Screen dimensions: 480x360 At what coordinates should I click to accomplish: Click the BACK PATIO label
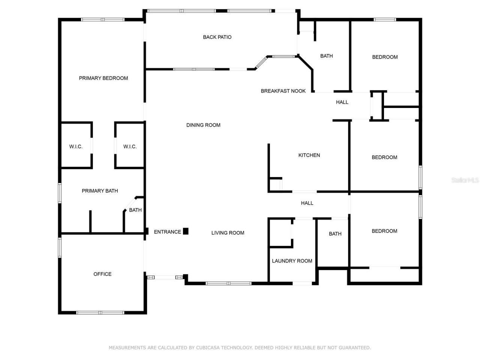(x=217, y=37)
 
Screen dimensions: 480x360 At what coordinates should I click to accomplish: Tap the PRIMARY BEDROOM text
(x=103, y=78)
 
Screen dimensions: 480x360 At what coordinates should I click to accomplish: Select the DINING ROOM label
(x=203, y=125)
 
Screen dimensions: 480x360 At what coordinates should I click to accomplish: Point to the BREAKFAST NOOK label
(x=283, y=91)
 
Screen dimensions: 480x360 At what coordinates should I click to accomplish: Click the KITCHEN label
(x=309, y=155)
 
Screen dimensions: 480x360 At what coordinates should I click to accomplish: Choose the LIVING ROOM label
(x=228, y=233)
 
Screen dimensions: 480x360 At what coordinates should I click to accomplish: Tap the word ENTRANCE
(x=167, y=232)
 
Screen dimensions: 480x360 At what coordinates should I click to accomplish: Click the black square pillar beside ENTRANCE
(x=186, y=231)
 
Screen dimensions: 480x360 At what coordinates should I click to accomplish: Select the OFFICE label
(x=102, y=274)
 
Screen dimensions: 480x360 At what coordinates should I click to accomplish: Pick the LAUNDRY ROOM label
(x=292, y=261)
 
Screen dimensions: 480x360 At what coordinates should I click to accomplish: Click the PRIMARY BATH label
(x=100, y=191)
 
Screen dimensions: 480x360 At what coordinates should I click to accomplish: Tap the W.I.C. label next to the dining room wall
(x=130, y=147)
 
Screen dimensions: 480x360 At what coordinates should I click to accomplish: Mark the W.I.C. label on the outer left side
(x=76, y=147)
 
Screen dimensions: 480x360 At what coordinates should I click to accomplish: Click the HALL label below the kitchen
(x=307, y=203)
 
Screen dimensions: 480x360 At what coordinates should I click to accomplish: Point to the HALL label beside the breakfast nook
(x=342, y=102)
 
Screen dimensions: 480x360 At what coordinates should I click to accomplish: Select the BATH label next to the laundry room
(x=335, y=234)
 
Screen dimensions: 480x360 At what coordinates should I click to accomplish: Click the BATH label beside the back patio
(x=327, y=56)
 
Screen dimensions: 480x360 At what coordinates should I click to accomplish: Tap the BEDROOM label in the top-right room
(x=385, y=57)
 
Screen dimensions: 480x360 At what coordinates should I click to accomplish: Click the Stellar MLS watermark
(x=465, y=180)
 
